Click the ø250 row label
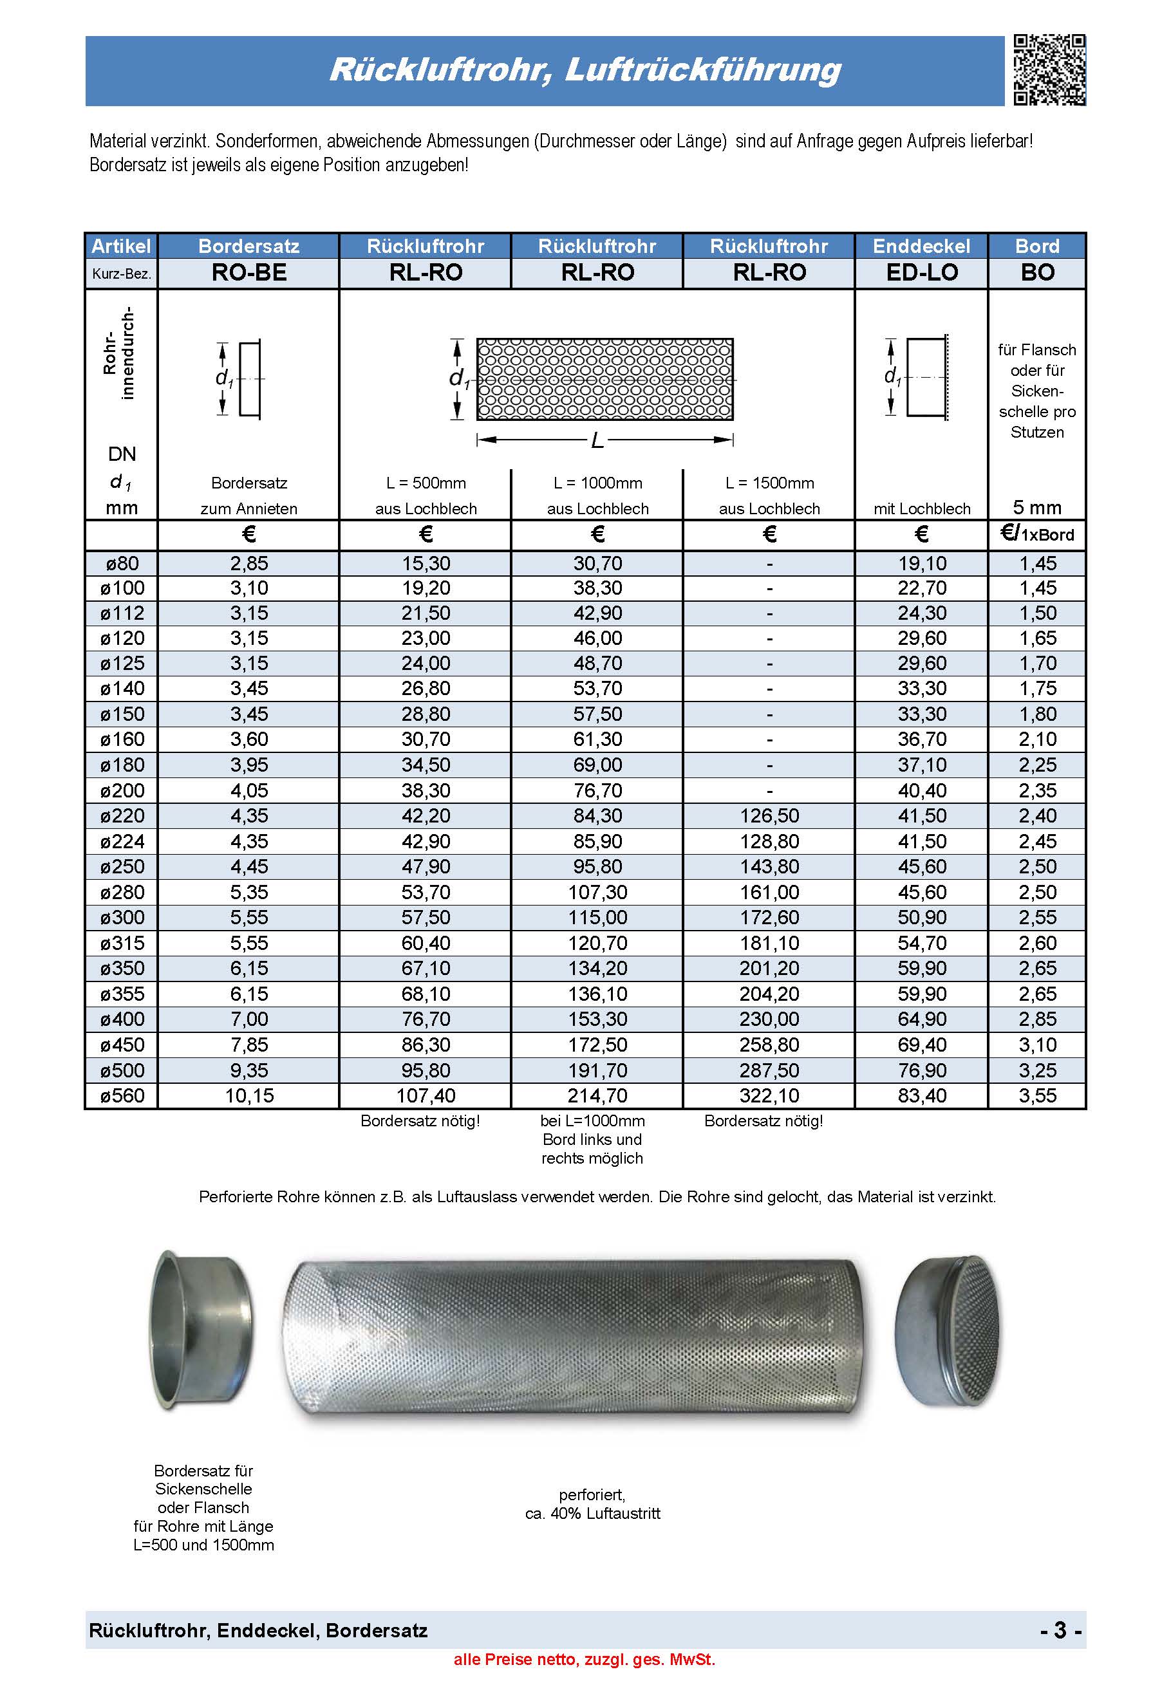point(122,866)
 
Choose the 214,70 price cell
point(597,1096)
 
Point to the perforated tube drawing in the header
point(604,379)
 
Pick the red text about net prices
point(584,1659)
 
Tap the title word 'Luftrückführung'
point(703,70)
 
